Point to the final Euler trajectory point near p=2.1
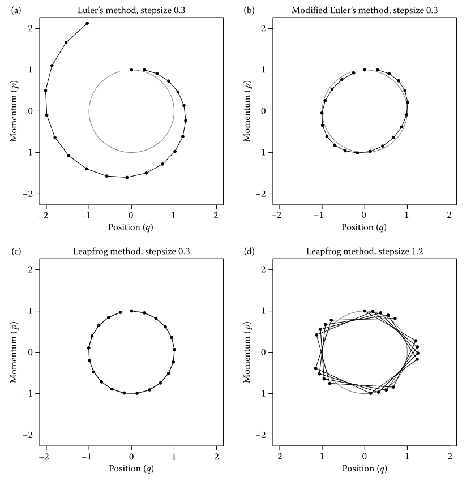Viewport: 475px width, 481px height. coord(87,23)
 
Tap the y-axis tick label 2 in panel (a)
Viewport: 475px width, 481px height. coord(29,28)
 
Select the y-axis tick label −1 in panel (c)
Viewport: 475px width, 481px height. coord(28,393)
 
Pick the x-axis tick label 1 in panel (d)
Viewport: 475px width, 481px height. coord(407,457)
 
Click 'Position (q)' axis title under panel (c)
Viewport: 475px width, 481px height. coord(131,469)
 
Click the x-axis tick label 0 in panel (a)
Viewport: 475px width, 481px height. coord(131,216)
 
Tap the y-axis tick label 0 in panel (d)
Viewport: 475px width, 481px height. coord(263,352)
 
